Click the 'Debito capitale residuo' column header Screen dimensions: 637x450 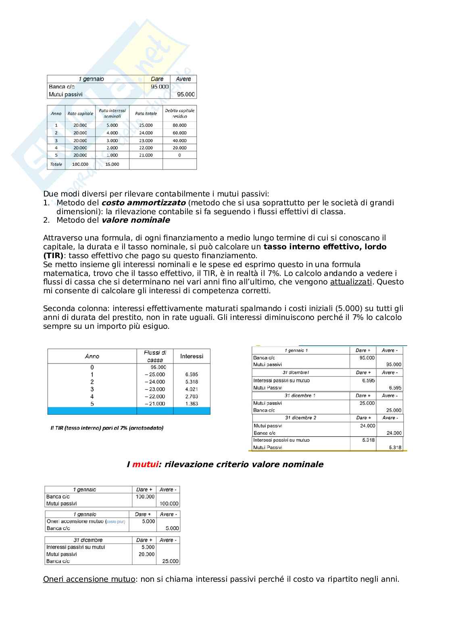(x=179, y=113)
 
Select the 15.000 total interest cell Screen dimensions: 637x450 (x=112, y=164)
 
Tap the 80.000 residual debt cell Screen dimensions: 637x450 (x=179, y=125)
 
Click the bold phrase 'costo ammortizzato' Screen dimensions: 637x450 (x=144, y=203)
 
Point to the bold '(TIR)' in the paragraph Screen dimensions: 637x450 (x=53, y=256)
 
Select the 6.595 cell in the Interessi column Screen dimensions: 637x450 (x=192, y=374)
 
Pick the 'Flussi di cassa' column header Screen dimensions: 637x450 (x=155, y=356)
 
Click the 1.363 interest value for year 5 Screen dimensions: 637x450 (x=192, y=404)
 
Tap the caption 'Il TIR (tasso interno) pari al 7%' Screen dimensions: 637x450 (x=107, y=428)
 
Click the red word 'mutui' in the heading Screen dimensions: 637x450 (x=145, y=464)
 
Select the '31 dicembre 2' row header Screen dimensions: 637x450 (x=300, y=418)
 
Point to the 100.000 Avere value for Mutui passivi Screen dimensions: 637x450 (x=169, y=504)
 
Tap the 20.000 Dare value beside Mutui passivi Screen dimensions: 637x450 (x=146, y=554)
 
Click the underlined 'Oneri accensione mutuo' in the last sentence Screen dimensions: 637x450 (x=89, y=579)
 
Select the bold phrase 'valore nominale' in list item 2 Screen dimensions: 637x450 (x=135, y=220)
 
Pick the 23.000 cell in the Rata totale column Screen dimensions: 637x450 (x=146, y=141)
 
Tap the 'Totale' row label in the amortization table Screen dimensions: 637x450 (x=56, y=164)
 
